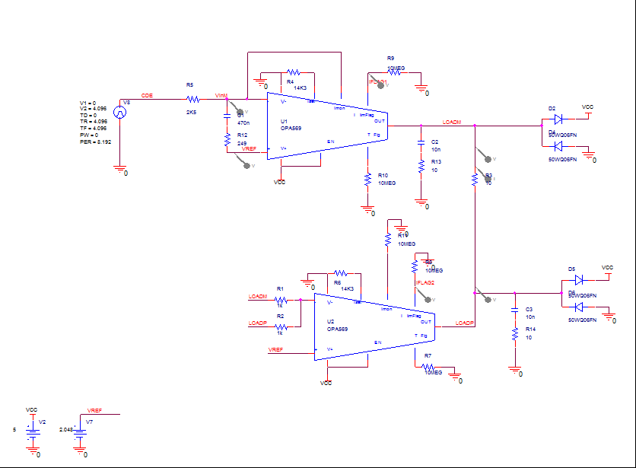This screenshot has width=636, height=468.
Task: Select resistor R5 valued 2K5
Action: tap(192, 99)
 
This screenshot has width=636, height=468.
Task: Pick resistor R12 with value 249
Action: tap(227, 139)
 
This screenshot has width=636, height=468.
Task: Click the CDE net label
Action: tap(147, 96)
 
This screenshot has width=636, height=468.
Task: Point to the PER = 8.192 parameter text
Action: tap(96, 142)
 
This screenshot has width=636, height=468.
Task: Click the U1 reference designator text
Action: tap(284, 122)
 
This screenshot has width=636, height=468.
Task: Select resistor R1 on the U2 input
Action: tap(281, 301)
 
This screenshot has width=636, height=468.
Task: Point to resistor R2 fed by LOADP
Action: tap(281, 326)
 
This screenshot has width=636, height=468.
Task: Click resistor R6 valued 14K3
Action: tap(341, 272)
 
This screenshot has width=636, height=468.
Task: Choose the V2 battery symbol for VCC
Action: tap(32, 431)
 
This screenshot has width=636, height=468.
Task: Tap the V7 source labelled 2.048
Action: tap(80, 431)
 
